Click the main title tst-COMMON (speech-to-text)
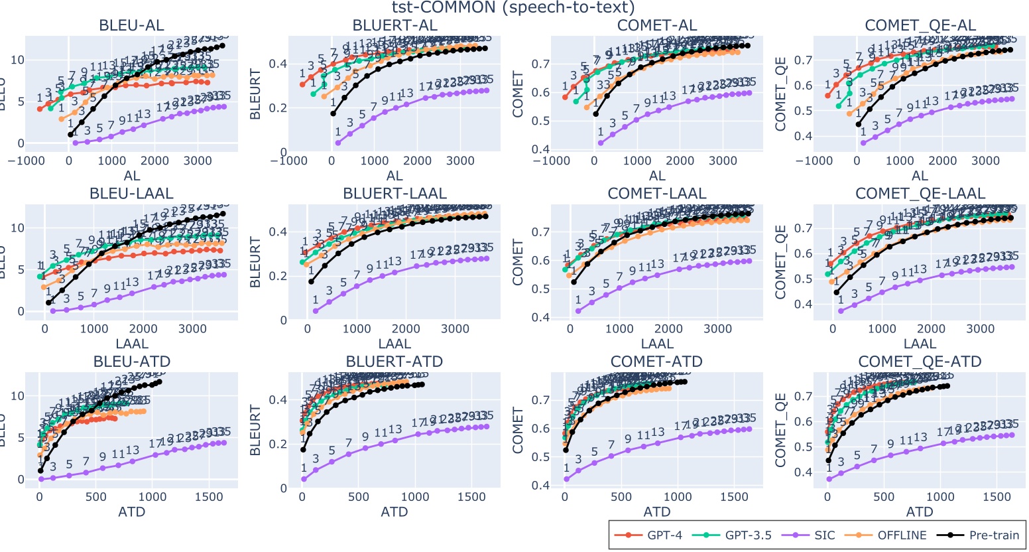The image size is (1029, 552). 514,8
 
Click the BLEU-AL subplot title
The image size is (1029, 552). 132,25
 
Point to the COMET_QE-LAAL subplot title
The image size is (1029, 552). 920,194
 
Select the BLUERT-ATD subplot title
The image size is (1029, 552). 394,362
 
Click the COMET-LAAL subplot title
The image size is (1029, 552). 657,194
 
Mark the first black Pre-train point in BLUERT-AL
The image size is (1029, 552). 333,113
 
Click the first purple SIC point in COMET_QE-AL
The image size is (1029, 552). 863,143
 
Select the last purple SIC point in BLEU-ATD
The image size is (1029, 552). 223,443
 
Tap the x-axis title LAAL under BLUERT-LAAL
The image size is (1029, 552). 394,344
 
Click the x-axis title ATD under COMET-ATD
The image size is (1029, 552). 657,512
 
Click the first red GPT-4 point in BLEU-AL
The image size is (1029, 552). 40,109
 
